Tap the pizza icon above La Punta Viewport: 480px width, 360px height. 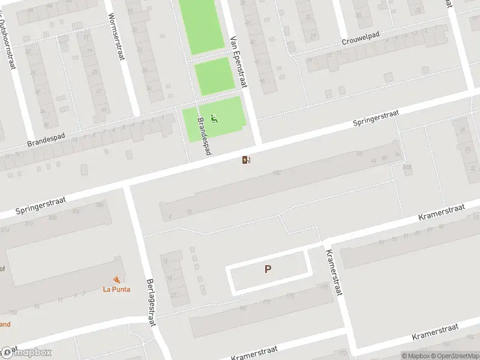116,280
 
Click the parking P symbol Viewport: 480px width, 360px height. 268,269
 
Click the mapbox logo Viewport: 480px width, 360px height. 26,352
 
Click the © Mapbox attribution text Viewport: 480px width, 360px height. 415,356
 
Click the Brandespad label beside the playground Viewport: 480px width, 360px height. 204,136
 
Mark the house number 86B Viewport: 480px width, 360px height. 407,167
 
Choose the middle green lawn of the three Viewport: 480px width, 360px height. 214,76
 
